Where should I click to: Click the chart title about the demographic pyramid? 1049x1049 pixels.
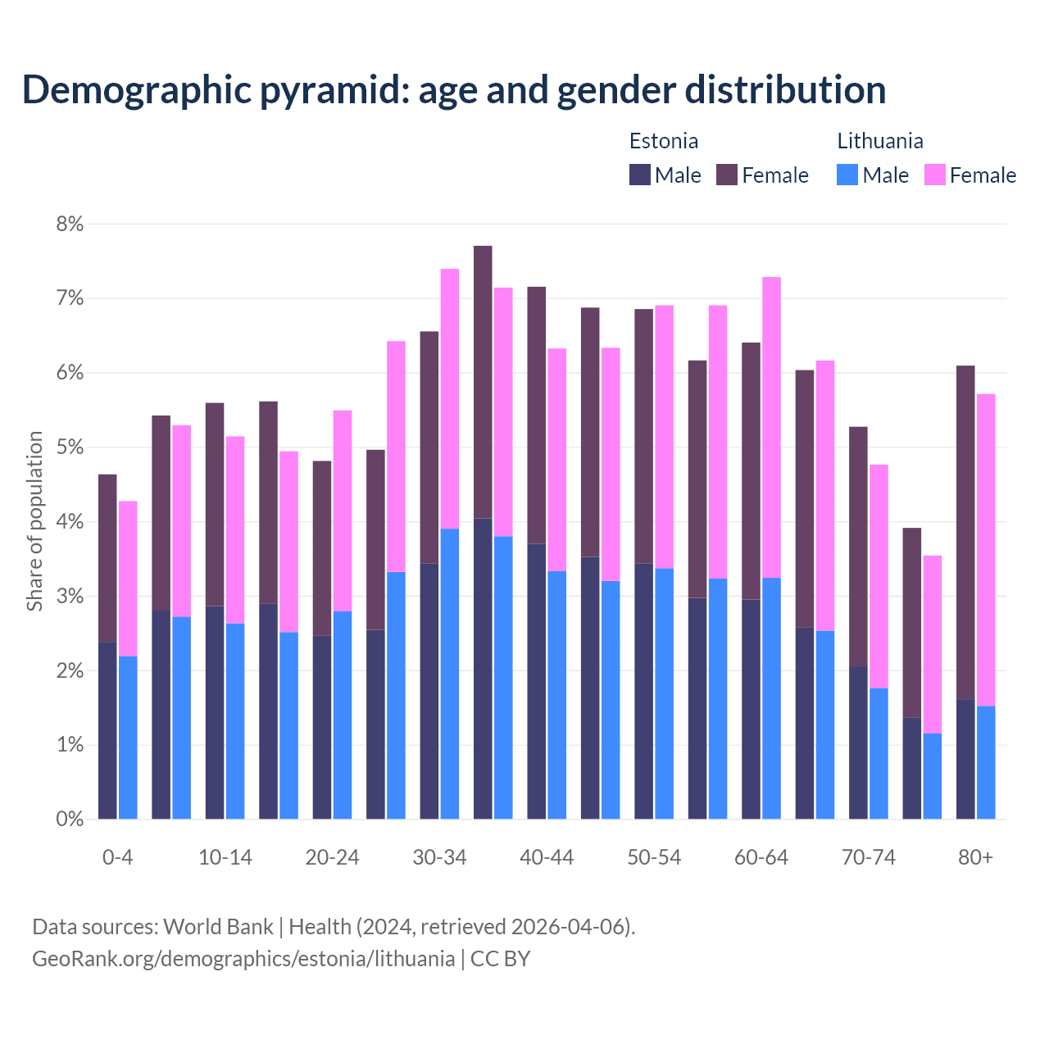point(453,90)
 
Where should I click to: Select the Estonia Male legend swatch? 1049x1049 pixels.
point(639,175)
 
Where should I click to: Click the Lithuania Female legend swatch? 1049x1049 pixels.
point(934,175)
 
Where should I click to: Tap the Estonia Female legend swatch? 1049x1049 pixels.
point(727,175)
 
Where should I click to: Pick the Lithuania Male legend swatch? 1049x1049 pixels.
point(847,175)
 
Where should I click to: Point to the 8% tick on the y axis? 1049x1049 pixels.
point(70,224)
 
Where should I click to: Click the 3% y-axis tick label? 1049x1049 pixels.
point(70,597)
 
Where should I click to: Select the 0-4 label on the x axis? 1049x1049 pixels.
point(117,858)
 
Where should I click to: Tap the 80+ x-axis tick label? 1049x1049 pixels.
point(975,858)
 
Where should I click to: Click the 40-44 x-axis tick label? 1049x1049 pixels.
point(547,858)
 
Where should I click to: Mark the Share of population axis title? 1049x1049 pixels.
point(34,521)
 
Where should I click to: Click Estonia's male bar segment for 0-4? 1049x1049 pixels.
point(107,730)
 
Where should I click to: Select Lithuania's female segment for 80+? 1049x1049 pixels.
point(986,550)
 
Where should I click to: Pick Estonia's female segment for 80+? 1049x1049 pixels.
point(965,532)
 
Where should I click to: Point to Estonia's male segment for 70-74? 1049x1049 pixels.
point(858,742)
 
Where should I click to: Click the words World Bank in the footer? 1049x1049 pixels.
point(218,927)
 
